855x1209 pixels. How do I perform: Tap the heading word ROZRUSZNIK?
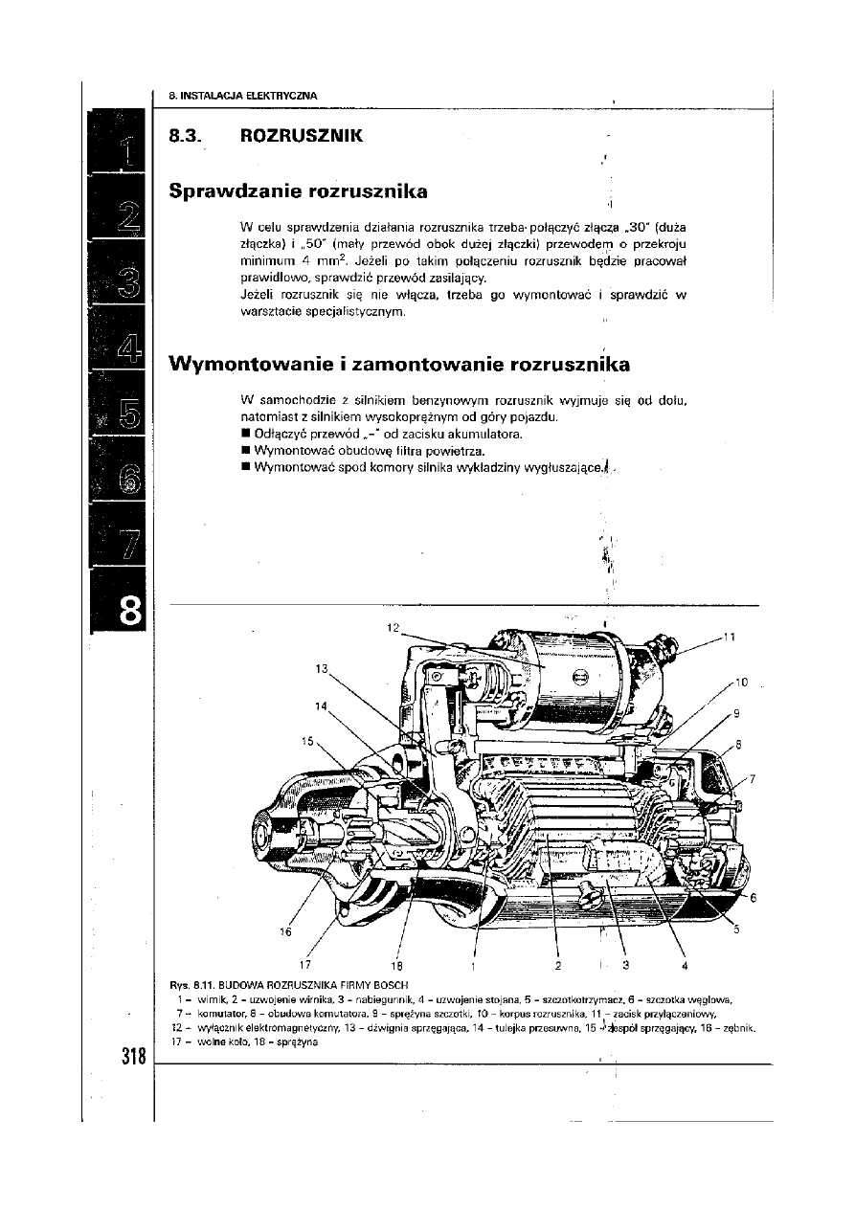point(302,136)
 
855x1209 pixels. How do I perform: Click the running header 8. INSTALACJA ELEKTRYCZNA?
point(242,95)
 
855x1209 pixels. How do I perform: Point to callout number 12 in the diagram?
point(393,628)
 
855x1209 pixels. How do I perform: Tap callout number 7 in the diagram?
point(752,778)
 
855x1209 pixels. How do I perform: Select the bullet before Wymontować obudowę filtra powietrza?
point(246,451)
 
